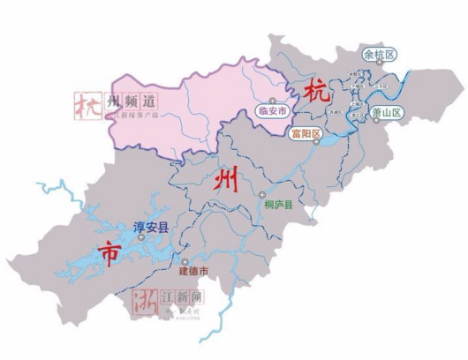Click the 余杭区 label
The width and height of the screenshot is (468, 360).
[x=380, y=54]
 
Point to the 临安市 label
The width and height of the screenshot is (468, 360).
[x=273, y=111]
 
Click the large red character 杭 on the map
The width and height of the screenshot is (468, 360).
[x=316, y=91]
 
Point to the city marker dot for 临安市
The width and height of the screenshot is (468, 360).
[x=273, y=100]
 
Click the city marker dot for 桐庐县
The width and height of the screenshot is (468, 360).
[x=262, y=194]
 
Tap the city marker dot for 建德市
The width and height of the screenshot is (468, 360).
[x=184, y=261]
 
